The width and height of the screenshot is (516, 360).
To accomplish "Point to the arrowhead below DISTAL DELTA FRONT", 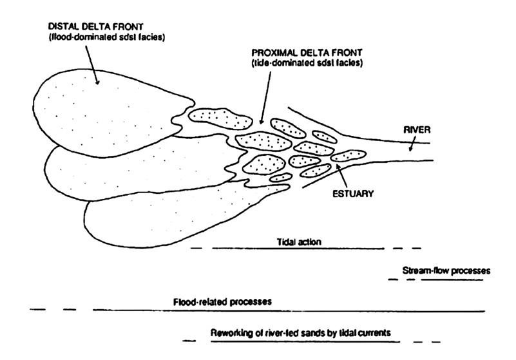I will click(96, 82).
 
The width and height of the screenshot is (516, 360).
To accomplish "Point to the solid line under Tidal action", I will click(296, 248).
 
